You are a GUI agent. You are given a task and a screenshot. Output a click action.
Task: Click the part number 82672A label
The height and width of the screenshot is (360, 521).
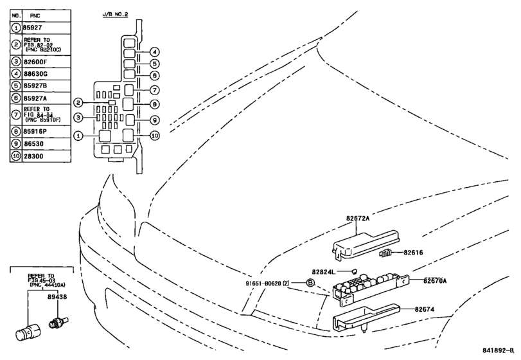tap(358, 219)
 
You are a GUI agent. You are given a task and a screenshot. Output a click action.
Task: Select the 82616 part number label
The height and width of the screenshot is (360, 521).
tap(413, 253)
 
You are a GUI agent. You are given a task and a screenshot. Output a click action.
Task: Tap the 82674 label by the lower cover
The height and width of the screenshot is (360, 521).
tap(424, 309)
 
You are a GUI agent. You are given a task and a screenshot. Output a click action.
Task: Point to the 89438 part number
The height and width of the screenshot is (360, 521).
tap(57, 296)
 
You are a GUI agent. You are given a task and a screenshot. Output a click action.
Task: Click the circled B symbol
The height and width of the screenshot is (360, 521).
tap(310, 283)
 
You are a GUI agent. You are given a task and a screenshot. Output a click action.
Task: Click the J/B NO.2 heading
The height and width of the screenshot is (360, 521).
tap(115, 14)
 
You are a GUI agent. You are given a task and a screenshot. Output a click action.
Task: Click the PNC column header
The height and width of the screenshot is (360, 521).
tap(35, 15)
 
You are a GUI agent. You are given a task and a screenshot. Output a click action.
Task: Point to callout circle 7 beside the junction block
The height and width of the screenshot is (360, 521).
tap(155, 90)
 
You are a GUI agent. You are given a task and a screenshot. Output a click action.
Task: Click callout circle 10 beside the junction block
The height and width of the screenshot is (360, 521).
tap(155, 136)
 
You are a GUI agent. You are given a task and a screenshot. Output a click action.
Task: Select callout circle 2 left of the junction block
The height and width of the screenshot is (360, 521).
tap(78, 102)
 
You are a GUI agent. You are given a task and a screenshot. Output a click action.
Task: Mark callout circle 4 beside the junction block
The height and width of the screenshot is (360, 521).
tap(154, 52)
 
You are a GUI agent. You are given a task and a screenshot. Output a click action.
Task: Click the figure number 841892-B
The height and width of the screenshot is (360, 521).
tap(498, 350)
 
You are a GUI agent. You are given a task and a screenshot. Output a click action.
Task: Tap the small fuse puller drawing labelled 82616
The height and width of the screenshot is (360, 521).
tap(385, 253)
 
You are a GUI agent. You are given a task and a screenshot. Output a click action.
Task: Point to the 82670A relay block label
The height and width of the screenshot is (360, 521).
tap(435, 281)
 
